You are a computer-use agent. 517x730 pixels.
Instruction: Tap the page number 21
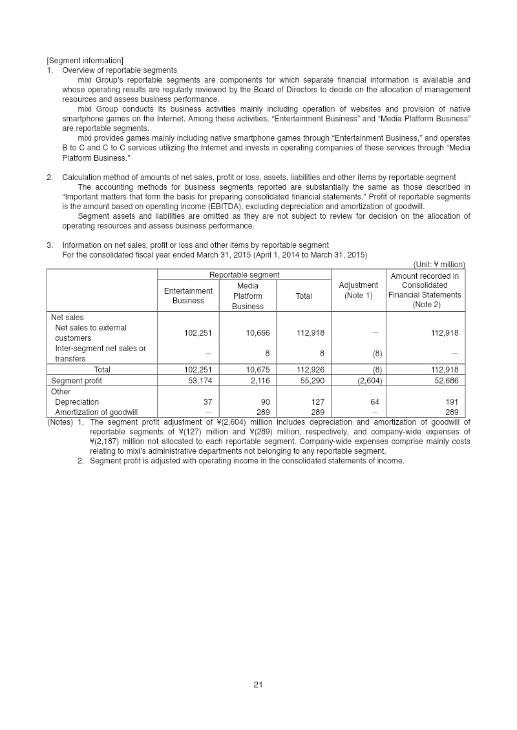pyautogui.click(x=258, y=685)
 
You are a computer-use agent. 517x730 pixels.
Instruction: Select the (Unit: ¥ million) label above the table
pyautogui.click(x=439, y=264)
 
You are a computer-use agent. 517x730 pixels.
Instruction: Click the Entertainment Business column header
pyautogui.click(x=188, y=296)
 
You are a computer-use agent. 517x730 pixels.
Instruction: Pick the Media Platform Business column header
pyautogui.click(x=248, y=296)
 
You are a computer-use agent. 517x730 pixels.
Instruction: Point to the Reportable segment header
pyautogui.click(x=244, y=276)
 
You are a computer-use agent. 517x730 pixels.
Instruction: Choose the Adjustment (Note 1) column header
pyautogui.click(x=358, y=290)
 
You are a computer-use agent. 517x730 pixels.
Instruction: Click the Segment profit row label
pyautogui.click(x=76, y=381)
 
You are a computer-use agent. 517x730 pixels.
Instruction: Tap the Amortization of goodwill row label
pyautogui.click(x=96, y=412)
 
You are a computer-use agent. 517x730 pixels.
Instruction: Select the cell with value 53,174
pyautogui.click(x=198, y=381)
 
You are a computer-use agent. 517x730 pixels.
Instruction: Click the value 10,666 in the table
pyautogui.click(x=258, y=333)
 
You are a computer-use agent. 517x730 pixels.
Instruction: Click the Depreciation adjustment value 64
pyautogui.click(x=374, y=401)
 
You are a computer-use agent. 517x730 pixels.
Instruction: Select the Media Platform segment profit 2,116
pyautogui.click(x=258, y=381)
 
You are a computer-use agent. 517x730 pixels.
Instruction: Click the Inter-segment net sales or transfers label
pyautogui.click(x=100, y=354)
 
